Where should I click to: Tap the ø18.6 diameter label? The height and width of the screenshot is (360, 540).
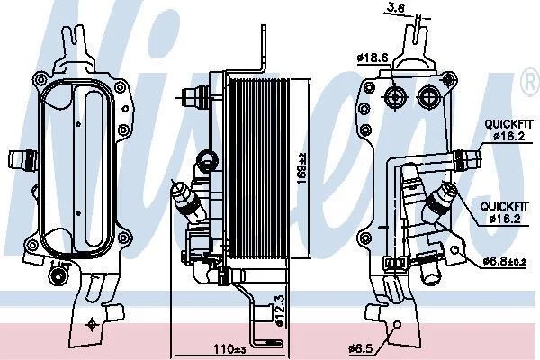point(373,58)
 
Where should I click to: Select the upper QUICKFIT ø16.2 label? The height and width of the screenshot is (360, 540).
point(508,130)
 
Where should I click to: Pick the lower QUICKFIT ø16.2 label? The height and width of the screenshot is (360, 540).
point(505,212)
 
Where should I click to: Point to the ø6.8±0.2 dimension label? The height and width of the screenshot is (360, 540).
point(505,262)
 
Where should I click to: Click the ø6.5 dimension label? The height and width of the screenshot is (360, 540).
point(361,348)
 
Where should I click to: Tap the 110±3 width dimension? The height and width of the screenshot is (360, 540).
point(229,349)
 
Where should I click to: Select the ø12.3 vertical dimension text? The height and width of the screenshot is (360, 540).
point(280,310)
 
